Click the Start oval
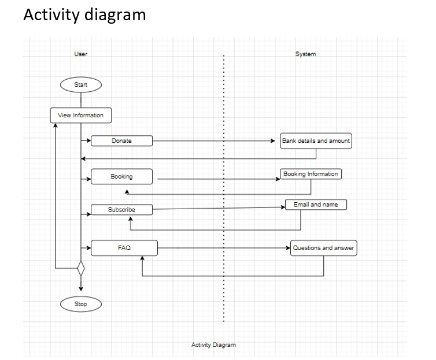(x=81, y=85)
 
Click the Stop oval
(x=81, y=304)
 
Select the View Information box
(x=81, y=116)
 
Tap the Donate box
(x=122, y=141)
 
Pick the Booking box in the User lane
(x=122, y=176)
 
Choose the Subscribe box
(x=122, y=210)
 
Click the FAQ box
(x=124, y=248)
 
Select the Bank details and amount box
(x=316, y=141)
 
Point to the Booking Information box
(x=311, y=174)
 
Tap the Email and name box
(x=316, y=205)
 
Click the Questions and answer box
(x=324, y=248)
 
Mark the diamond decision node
(x=81, y=269)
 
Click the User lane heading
(x=81, y=54)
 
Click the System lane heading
(x=305, y=54)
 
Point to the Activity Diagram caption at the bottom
(x=213, y=345)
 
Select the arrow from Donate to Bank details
(x=214, y=140)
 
